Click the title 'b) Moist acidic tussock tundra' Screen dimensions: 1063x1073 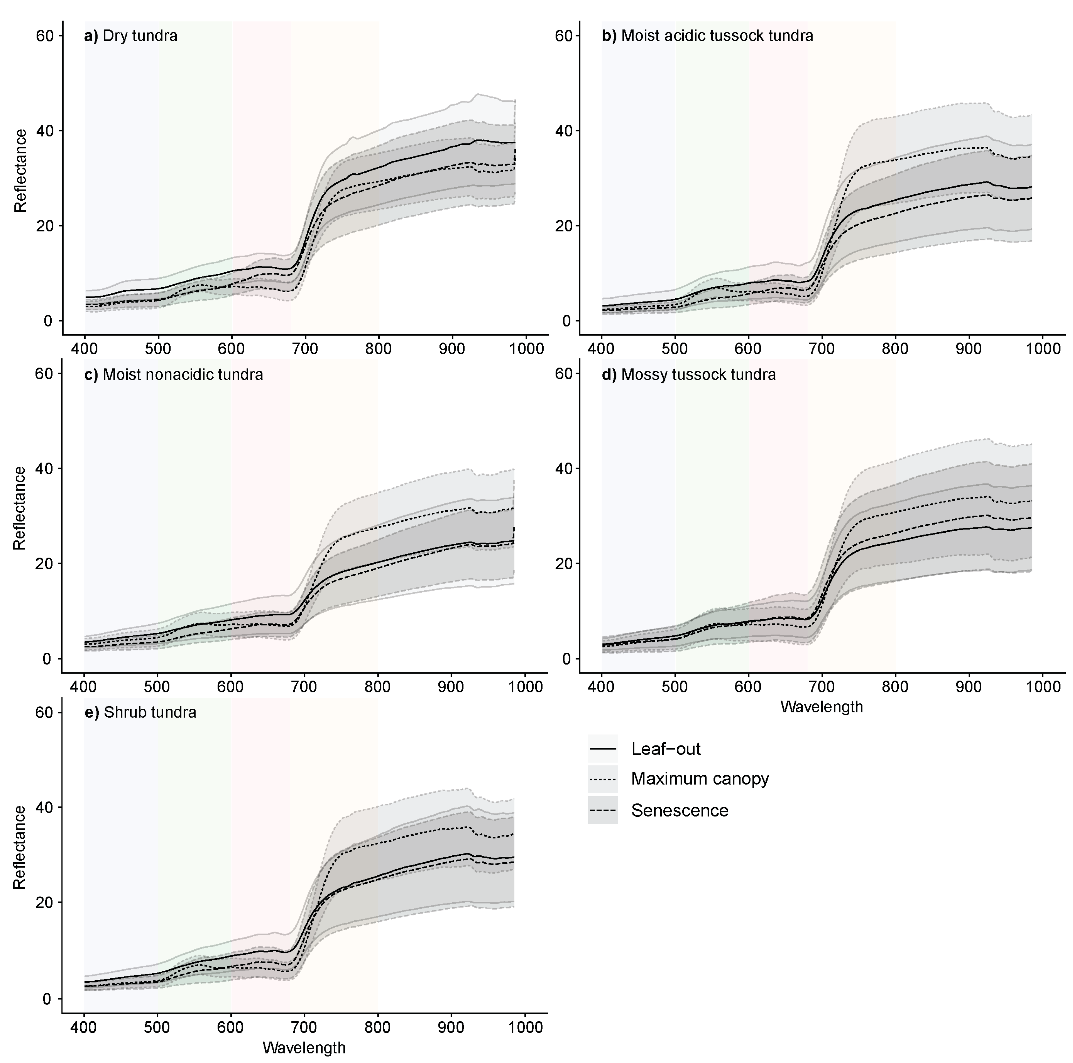pyautogui.click(x=707, y=36)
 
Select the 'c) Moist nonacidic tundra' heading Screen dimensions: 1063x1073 pyautogui.click(x=173, y=375)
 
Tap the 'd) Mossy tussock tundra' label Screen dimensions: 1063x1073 pyautogui.click(x=689, y=375)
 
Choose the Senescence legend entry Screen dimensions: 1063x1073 pyautogui.click(x=679, y=810)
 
